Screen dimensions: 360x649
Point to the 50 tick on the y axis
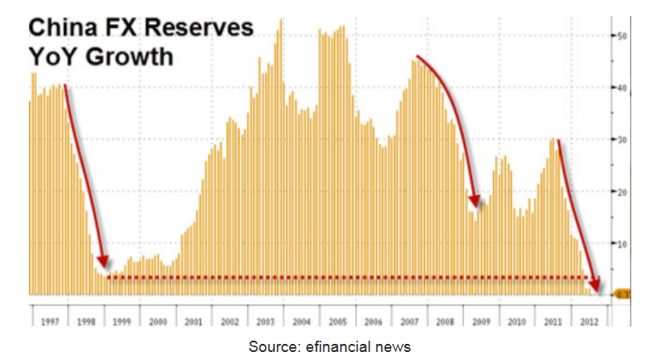(x=621, y=36)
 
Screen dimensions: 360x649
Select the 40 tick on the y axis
(x=621, y=88)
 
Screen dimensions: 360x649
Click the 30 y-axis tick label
(x=621, y=140)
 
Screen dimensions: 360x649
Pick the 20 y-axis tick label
(x=621, y=192)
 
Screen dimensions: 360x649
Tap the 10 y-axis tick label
(x=621, y=243)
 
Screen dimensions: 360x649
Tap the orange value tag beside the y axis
(x=622, y=295)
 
